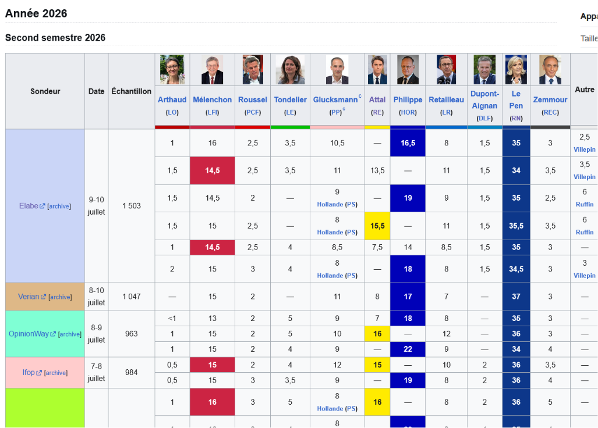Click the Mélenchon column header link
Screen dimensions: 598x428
click(x=212, y=100)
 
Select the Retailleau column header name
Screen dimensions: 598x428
click(x=446, y=100)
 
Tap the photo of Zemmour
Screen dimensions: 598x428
click(x=550, y=70)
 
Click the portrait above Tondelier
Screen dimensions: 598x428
click(x=290, y=70)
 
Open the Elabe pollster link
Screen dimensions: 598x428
click(x=29, y=206)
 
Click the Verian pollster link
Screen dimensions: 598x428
click(x=29, y=297)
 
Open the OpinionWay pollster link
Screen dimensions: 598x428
click(x=29, y=334)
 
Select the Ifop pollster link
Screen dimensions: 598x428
click(x=29, y=372)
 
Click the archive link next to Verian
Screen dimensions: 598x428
click(x=60, y=297)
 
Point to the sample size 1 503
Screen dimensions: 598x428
click(x=132, y=206)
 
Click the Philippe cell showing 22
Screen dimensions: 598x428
click(x=408, y=349)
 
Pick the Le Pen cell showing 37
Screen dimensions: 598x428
click(x=516, y=297)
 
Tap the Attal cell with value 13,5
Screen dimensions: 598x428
click(x=377, y=170)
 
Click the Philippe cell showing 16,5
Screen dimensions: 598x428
click(x=408, y=143)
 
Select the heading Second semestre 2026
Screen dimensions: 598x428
click(x=55, y=38)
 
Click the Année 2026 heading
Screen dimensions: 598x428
click(x=36, y=13)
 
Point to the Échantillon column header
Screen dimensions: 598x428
click(x=131, y=91)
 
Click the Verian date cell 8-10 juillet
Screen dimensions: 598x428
click(x=97, y=297)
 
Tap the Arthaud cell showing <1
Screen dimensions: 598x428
click(x=172, y=318)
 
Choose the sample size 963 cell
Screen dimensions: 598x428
click(x=131, y=334)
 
